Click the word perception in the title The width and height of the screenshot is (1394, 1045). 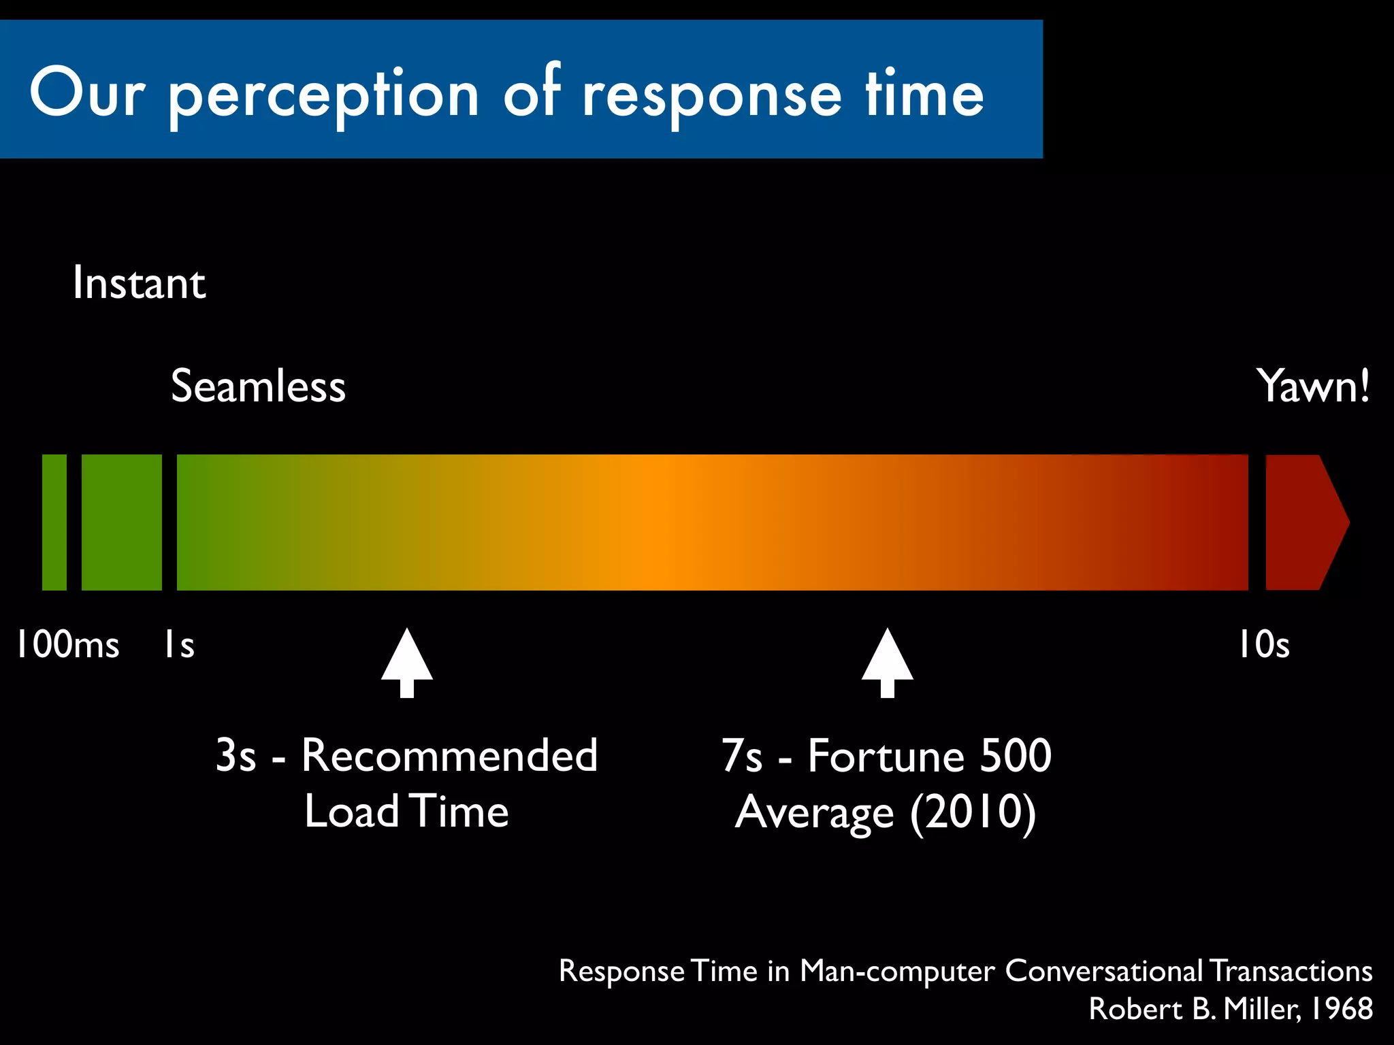[324, 95]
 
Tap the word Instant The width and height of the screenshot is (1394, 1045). [139, 283]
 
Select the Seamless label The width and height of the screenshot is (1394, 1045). [258, 386]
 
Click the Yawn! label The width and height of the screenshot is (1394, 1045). [1312, 386]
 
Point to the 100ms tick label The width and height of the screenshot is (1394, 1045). [67, 644]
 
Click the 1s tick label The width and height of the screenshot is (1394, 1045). [179, 644]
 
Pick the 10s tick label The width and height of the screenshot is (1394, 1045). [1263, 644]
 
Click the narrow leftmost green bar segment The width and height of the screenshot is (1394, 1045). [54, 522]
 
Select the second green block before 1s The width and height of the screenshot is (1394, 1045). [122, 522]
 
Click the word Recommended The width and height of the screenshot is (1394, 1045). [449, 755]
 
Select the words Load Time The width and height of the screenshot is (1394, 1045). [406, 811]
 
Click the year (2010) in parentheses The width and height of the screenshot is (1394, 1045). [973, 812]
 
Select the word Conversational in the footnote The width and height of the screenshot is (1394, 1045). [1103, 971]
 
